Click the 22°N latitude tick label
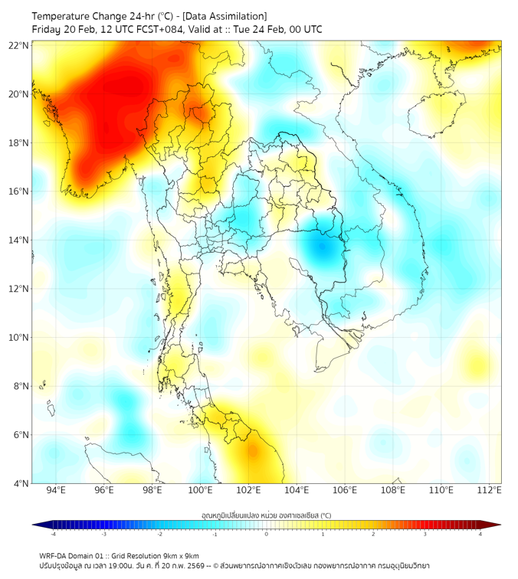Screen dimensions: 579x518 tap(19, 45)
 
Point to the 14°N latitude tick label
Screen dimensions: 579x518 tap(19, 240)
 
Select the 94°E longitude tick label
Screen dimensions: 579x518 tap(56, 490)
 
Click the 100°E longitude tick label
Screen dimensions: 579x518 tap(201, 490)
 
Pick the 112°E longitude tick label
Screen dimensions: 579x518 tap(489, 490)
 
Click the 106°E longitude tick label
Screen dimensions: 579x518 tap(345, 490)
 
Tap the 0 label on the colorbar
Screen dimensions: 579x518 tap(267, 534)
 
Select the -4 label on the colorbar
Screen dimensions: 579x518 tap(53, 534)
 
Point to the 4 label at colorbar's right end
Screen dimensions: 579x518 tap(480, 534)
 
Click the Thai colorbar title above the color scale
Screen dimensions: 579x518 tap(266, 515)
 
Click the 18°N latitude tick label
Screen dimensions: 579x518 tap(19, 142)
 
